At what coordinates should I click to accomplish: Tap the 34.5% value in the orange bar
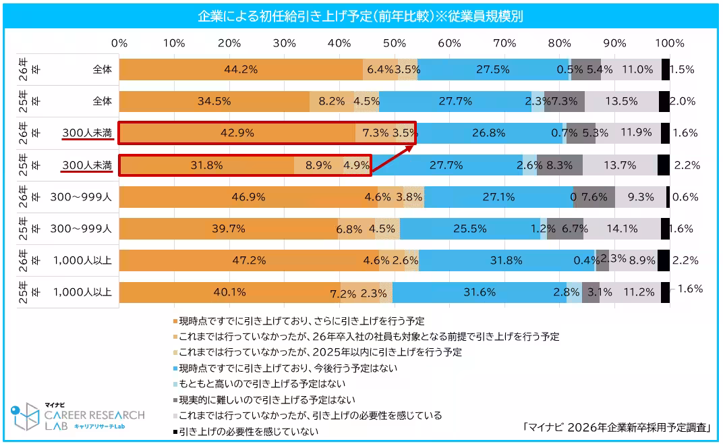point(214,101)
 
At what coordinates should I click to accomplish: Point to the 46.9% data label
point(262,197)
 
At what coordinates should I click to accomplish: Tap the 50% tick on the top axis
point(394,43)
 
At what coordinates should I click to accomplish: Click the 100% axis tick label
point(670,43)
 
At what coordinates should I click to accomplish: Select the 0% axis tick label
point(119,43)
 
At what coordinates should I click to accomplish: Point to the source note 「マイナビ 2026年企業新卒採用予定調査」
point(618,427)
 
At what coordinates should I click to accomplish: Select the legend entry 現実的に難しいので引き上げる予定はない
point(267,400)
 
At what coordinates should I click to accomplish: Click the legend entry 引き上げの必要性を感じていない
point(248,431)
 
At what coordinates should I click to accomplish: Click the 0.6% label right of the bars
point(684,197)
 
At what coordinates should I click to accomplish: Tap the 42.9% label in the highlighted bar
point(237,133)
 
